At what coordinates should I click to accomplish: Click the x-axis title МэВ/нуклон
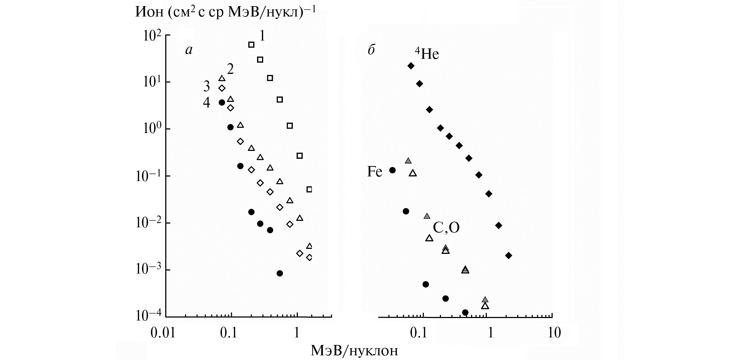click(x=354, y=350)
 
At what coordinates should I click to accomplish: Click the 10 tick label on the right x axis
click(x=554, y=333)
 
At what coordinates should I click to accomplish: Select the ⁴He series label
click(x=427, y=54)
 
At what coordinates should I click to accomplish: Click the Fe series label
click(x=375, y=172)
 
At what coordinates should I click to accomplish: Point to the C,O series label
click(x=446, y=228)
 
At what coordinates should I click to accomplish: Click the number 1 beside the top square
click(x=262, y=36)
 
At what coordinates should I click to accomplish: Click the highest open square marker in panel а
click(x=251, y=44)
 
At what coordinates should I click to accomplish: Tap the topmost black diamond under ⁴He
click(x=411, y=66)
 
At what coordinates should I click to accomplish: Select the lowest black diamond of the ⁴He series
click(x=508, y=256)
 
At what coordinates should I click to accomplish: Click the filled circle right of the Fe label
click(x=393, y=170)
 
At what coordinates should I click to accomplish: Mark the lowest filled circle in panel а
click(x=280, y=273)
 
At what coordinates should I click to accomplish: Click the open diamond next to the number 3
click(x=222, y=88)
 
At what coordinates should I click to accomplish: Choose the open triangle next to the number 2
click(x=222, y=78)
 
